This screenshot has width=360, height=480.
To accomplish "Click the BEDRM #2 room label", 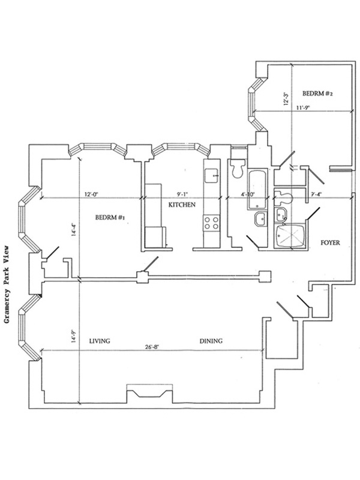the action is coord(317,94).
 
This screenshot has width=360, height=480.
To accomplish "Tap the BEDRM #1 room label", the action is coord(109,218).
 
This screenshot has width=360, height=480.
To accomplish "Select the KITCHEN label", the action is coord(181,205).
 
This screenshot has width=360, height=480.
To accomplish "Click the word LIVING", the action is coord(100,341).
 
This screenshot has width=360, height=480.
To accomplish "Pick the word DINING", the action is coord(211,341).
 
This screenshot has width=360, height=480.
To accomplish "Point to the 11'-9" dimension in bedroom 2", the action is coord(306,108).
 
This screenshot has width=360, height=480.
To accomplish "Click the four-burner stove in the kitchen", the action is coord(211,223).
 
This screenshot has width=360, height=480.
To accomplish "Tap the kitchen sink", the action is coord(211,175).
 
